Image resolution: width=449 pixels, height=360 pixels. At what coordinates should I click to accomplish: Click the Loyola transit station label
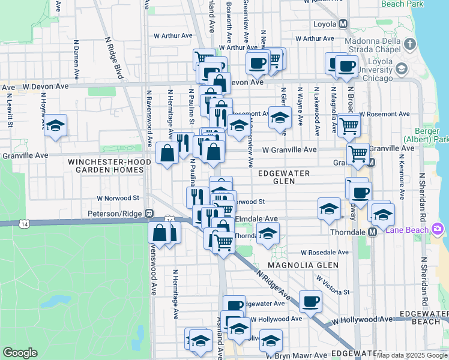pyautogui.click(x=325, y=25)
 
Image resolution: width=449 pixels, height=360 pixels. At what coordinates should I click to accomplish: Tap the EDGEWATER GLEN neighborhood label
pyautogui.click(x=283, y=177)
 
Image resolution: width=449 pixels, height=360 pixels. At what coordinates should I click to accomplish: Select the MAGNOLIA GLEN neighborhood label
pyautogui.click(x=303, y=265)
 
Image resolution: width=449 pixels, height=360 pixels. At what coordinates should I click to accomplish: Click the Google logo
pyautogui.click(x=20, y=353)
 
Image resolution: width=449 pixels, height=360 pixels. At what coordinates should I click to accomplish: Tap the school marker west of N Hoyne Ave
pyautogui.click(x=55, y=125)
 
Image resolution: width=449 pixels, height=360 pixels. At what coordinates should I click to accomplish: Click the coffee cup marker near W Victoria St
pyautogui.click(x=310, y=301)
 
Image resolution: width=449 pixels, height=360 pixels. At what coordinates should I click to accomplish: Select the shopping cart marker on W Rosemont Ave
pyautogui.click(x=349, y=125)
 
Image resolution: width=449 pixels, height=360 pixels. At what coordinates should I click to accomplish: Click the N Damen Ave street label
pyautogui.click(x=76, y=60)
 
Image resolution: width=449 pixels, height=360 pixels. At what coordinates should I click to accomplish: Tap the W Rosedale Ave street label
pyautogui.click(x=325, y=253)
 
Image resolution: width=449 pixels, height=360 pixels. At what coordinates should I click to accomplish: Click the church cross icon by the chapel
pyautogui.click(x=410, y=44)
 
